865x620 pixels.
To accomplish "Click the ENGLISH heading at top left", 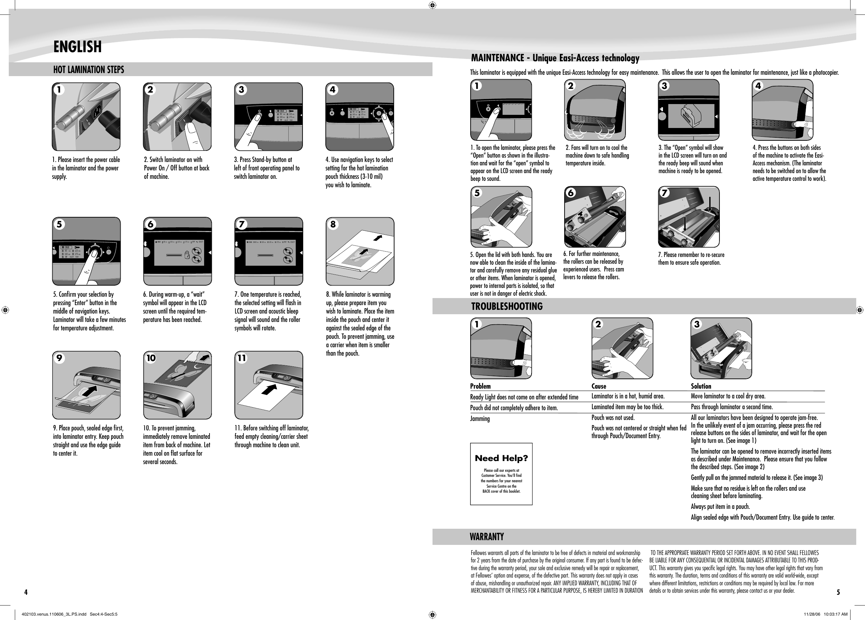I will (77, 47).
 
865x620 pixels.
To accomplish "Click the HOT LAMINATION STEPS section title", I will (89, 70).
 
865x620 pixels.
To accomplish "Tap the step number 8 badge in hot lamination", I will (333, 224).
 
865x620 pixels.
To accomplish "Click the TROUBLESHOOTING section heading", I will (507, 306).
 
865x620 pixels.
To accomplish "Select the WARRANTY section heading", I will (487, 537).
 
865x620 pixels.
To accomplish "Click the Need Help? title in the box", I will (501, 458).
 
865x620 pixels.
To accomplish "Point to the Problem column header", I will (480, 386).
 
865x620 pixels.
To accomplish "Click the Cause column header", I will (599, 386).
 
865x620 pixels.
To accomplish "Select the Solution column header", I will (701, 386).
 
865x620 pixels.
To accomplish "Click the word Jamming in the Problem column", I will (480, 419).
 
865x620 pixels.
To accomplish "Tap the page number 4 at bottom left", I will (26, 592).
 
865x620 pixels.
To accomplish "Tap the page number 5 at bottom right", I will (838, 592).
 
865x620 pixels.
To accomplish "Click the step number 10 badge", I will (151, 358).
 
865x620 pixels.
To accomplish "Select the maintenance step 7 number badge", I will (664, 193).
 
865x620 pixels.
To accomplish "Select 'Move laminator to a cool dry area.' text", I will (728, 396).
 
